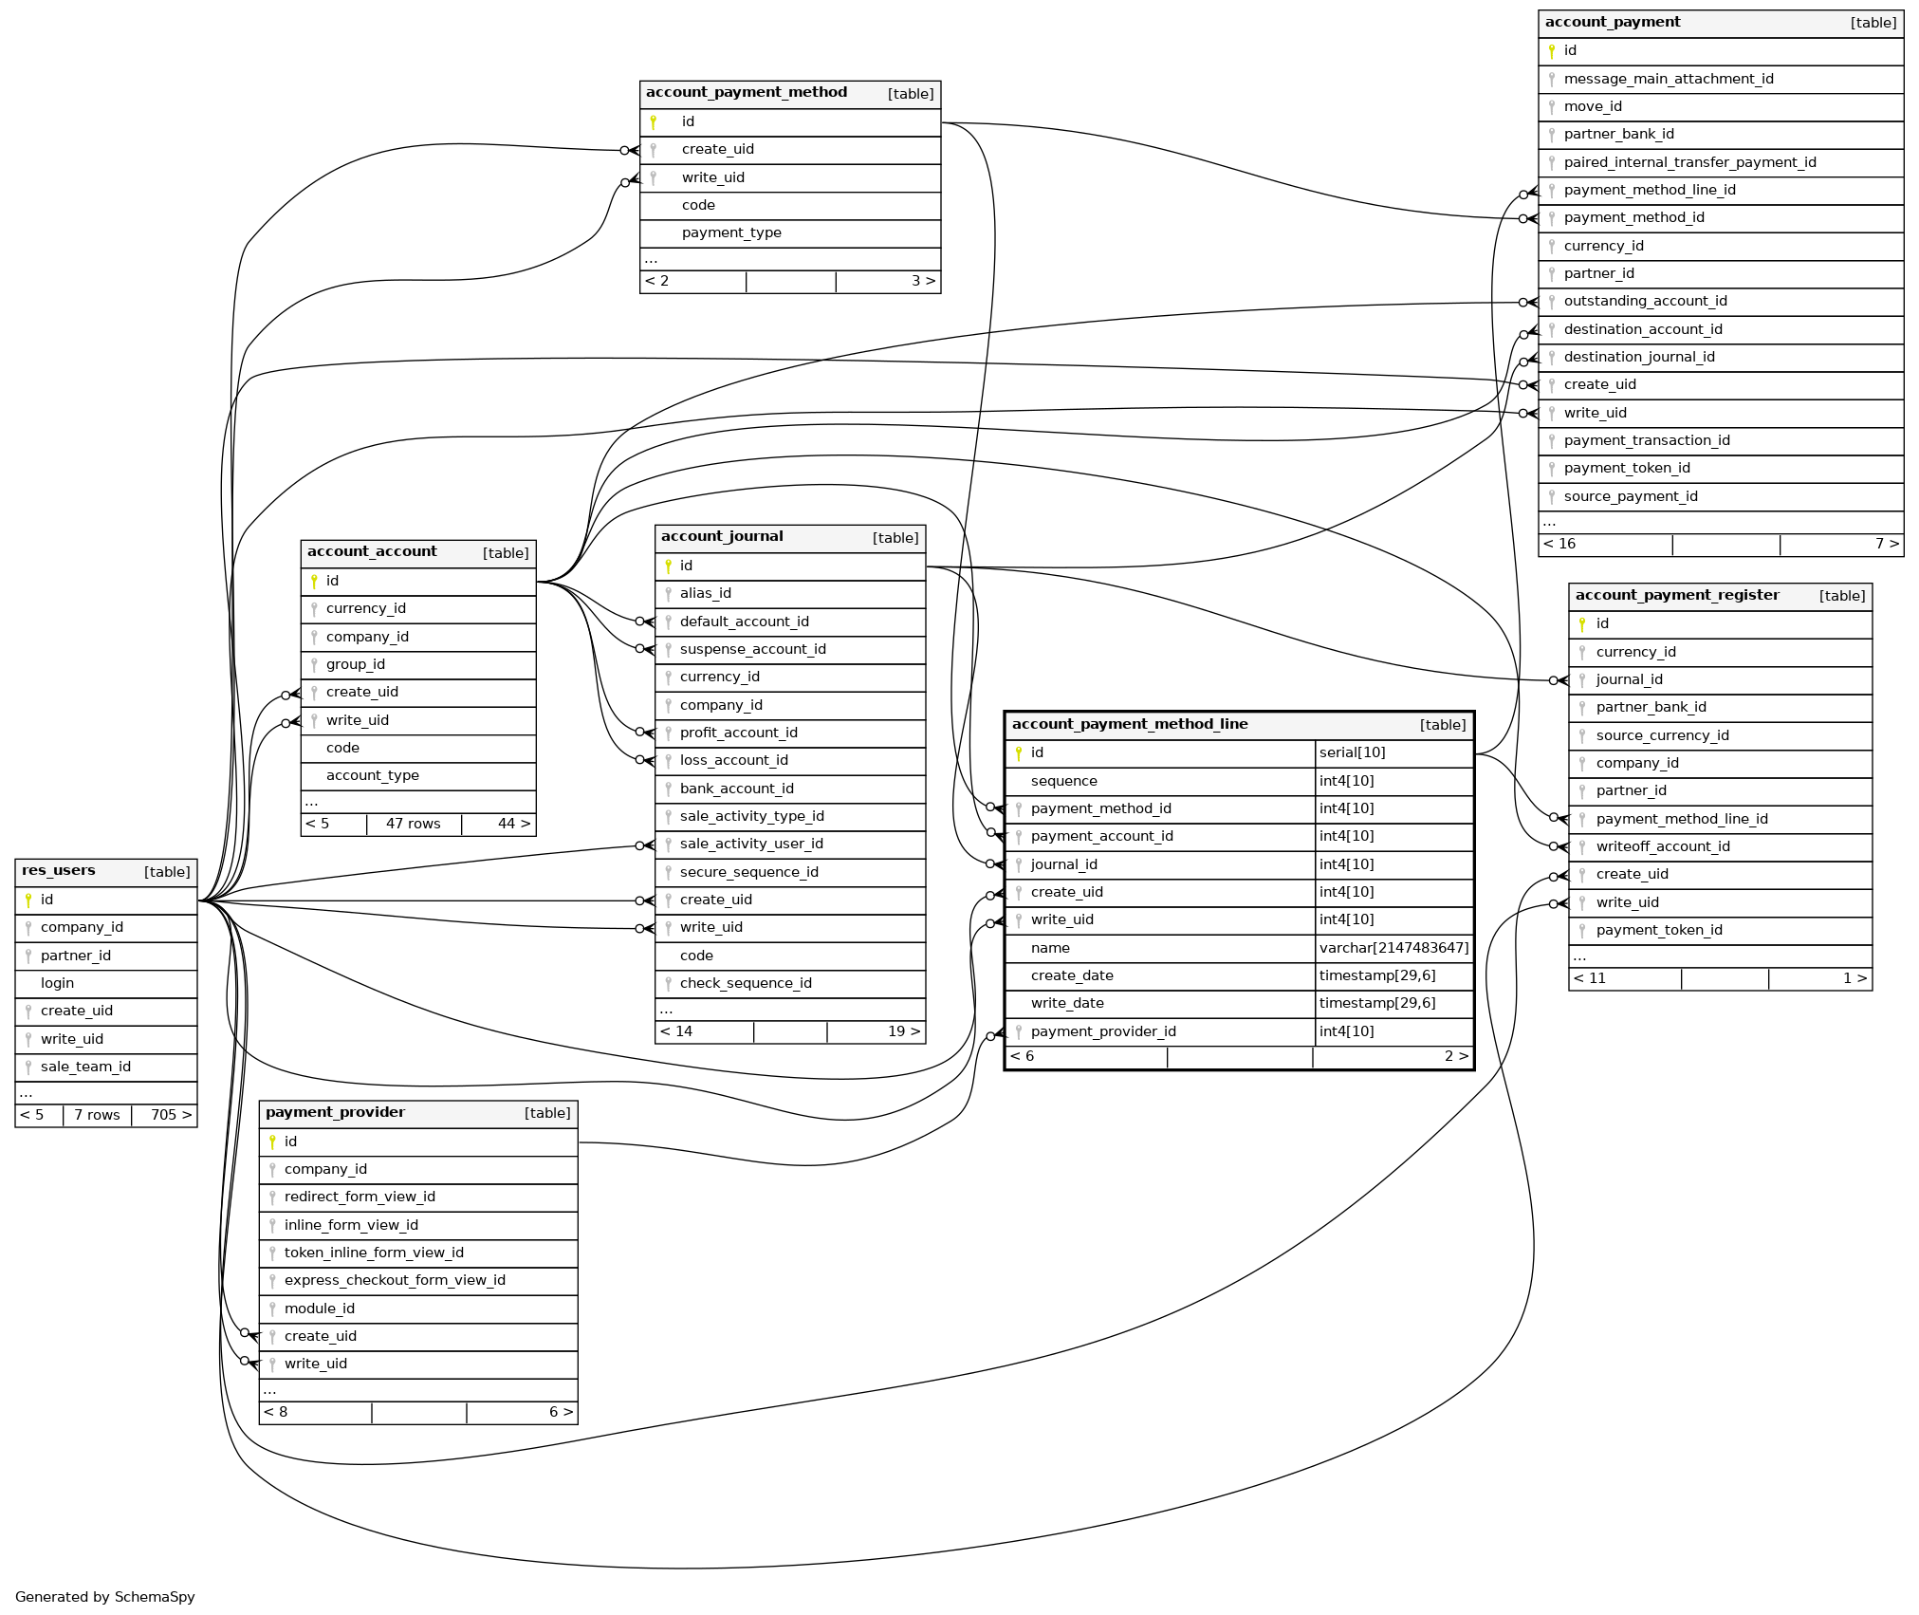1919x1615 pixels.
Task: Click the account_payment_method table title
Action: pos(746,93)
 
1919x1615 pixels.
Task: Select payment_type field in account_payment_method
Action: pos(730,233)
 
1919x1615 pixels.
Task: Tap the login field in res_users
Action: pos(57,984)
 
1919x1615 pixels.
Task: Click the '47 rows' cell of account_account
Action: pos(413,825)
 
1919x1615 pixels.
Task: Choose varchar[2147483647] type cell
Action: pos(1393,949)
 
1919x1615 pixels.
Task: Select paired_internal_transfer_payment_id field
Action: pos(1689,163)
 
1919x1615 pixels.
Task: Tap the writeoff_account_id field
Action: pos(1662,847)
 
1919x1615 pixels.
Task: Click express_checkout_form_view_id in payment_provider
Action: pos(395,1281)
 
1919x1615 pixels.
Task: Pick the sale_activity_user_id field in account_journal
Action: pos(750,845)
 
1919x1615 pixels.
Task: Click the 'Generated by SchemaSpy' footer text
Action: pos(105,1597)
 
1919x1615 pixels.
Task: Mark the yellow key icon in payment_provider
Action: pos(272,1142)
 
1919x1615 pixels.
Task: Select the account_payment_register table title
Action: pos(1676,596)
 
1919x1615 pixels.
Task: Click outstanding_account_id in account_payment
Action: pos(1645,302)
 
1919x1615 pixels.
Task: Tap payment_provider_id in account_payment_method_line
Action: pos(1102,1032)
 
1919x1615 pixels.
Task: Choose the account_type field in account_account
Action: pos(372,776)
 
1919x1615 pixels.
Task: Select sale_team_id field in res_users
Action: pos(85,1067)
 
